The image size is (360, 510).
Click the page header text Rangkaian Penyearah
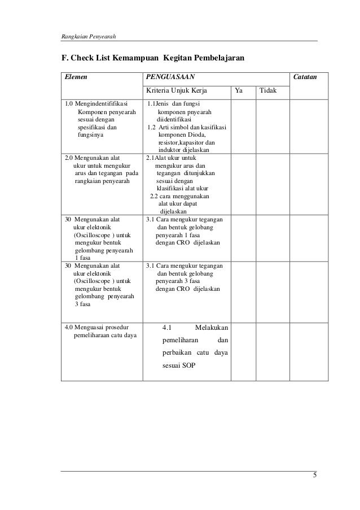point(88,37)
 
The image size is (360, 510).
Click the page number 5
point(314,475)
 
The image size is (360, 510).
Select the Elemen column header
point(76,76)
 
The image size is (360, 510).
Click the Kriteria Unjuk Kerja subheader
point(177,90)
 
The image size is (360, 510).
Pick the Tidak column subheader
point(269,90)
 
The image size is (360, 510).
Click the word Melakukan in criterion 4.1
point(210,328)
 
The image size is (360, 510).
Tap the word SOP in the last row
point(189,365)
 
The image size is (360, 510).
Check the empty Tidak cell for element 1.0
point(272,125)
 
